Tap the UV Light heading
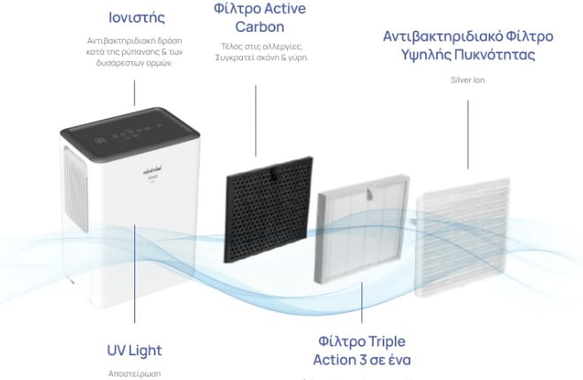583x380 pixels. point(135,350)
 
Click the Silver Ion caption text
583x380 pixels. point(467,80)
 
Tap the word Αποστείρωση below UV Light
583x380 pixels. point(135,374)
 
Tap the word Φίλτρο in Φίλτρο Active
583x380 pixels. point(231,9)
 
